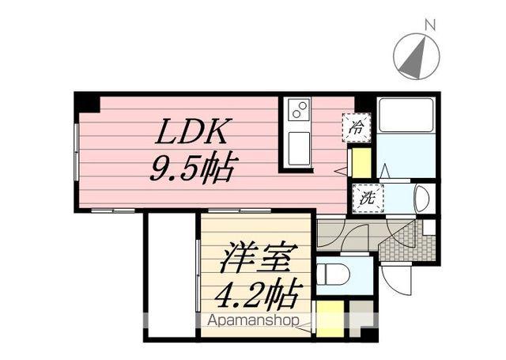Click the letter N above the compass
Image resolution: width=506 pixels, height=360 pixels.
[429, 25]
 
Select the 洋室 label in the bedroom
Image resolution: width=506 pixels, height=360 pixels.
[259, 259]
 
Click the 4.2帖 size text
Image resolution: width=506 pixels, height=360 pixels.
[259, 294]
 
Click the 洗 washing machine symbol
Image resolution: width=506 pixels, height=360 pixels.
[368, 197]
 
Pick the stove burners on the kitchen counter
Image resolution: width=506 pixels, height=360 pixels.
[297, 111]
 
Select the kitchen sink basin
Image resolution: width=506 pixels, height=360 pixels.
[298, 148]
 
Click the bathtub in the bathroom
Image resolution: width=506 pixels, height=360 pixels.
[406, 116]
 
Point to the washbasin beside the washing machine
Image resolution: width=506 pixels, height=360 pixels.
[421, 199]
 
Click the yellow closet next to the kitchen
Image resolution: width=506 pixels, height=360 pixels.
[361, 163]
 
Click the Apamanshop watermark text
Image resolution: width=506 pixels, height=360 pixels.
[253, 321]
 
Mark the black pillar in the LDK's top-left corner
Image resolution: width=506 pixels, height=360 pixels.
[87, 103]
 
